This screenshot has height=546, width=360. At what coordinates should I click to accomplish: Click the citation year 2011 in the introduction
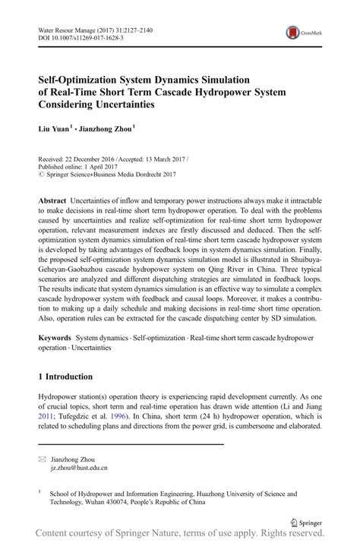47,417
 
